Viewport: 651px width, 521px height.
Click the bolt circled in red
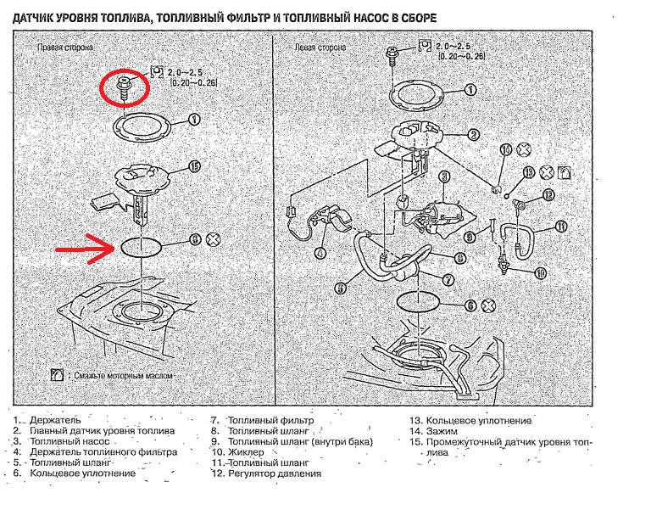click(x=125, y=87)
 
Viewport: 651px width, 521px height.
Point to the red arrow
click(x=85, y=249)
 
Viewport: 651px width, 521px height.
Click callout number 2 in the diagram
click(x=473, y=133)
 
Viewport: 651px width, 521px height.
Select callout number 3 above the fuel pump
click(x=443, y=177)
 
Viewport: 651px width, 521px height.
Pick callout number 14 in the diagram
click(x=506, y=151)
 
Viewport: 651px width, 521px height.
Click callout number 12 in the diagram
click(x=548, y=195)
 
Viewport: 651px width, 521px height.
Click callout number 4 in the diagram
click(x=320, y=252)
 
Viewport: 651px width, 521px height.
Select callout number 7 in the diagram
click(x=448, y=279)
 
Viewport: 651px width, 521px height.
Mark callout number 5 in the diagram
click(x=340, y=288)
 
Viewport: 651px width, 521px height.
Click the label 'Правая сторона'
click(x=64, y=50)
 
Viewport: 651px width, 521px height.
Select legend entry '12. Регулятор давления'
click(x=265, y=473)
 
